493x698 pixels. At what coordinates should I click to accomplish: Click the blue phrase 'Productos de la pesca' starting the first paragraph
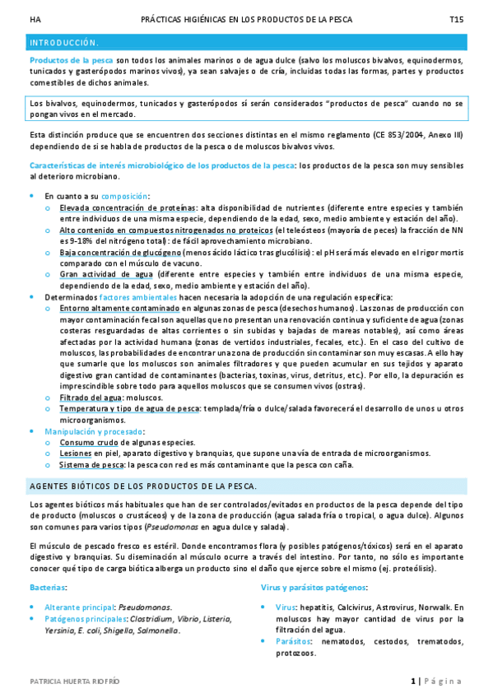pos(71,60)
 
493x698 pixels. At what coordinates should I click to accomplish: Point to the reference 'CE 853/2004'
pos(398,134)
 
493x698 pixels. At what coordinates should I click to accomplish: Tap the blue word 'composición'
pos(125,196)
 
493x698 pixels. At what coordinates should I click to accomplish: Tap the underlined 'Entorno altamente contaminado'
pos(119,308)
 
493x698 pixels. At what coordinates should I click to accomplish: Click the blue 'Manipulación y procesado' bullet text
pos(94,430)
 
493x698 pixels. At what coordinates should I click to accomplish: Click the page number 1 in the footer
pos(413,682)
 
